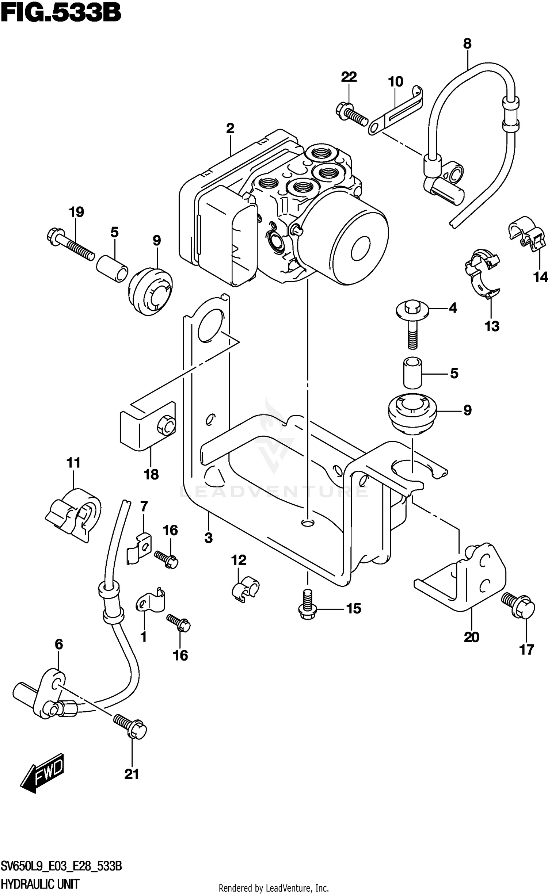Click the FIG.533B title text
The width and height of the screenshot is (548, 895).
(61, 14)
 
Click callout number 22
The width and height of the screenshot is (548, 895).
(349, 77)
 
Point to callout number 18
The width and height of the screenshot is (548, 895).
(151, 474)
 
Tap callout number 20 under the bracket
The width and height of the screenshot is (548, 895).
(471, 637)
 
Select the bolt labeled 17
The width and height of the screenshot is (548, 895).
(518, 606)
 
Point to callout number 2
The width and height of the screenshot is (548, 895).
(230, 129)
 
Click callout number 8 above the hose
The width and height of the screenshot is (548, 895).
(467, 44)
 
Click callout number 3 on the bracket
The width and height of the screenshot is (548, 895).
(208, 538)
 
